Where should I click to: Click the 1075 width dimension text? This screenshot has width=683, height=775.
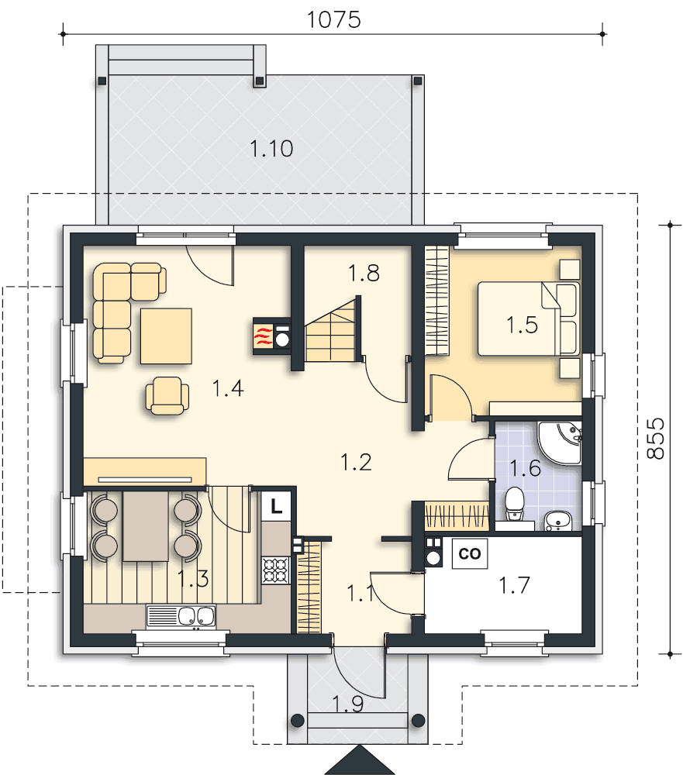[x=334, y=20]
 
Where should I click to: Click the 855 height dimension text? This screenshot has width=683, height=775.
[x=656, y=439]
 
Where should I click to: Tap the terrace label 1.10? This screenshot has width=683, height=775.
[x=271, y=148]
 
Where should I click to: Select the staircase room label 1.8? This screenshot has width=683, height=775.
[x=364, y=273]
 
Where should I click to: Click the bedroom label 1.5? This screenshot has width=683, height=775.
[x=522, y=325]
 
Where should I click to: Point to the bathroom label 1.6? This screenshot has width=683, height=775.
[x=525, y=467]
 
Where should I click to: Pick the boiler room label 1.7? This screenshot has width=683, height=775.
[x=514, y=584]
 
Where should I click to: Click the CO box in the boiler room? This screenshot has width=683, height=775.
[x=470, y=553]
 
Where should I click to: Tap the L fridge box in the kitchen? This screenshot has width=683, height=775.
[x=276, y=506]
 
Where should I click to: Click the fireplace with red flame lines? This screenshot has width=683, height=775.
[x=271, y=336]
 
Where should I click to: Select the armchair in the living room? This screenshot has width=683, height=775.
[x=167, y=395]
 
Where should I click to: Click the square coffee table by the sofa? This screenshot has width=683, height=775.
[x=166, y=336]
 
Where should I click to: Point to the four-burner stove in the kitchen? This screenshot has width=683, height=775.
[x=276, y=570]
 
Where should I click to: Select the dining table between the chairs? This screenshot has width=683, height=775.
[x=146, y=526]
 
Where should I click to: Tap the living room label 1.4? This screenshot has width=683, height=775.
[x=228, y=388]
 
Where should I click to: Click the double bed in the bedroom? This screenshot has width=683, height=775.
[x=528, y=319]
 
